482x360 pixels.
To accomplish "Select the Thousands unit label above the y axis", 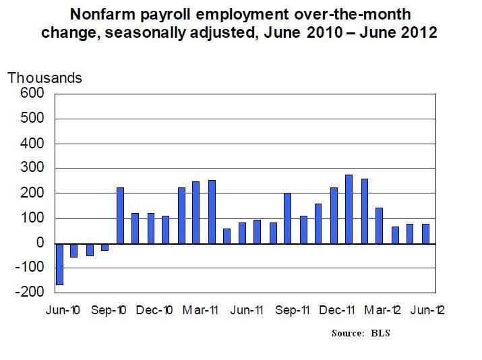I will coord(44,78).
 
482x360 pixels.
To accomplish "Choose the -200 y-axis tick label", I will coord(30,293).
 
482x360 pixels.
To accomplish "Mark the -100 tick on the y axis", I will coord(30,268).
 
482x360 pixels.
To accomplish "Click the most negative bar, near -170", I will coord(59,264).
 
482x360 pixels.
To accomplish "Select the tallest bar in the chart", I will coord(349,209).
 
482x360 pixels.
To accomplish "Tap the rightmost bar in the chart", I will coord(425,233).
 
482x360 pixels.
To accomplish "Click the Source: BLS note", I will coord(361,334).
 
